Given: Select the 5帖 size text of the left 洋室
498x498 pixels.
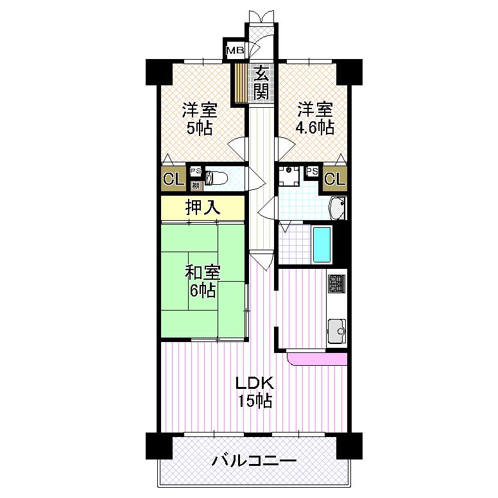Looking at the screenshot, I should [x=200, y=126].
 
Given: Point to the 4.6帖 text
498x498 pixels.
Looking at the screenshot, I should [x=314, y=126].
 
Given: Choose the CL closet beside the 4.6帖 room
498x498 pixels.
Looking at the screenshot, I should [x=335, y=179].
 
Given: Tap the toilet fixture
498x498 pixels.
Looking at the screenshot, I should [x=215, y=178].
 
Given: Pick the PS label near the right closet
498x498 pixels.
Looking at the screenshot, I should [x=312, y=171].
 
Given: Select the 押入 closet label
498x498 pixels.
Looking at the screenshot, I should [x=203, y=208].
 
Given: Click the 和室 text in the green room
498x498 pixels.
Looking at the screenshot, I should [x=203, y=272].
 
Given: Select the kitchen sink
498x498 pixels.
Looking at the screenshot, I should [x=336, y=332].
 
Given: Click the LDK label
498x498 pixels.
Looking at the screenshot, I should [x=255, y=384].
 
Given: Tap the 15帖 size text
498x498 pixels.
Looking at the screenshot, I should [x=255, y=402].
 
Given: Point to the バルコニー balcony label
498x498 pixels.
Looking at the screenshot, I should [x=254, y=461].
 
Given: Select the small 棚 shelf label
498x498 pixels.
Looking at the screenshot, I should [x=195, y=185].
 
